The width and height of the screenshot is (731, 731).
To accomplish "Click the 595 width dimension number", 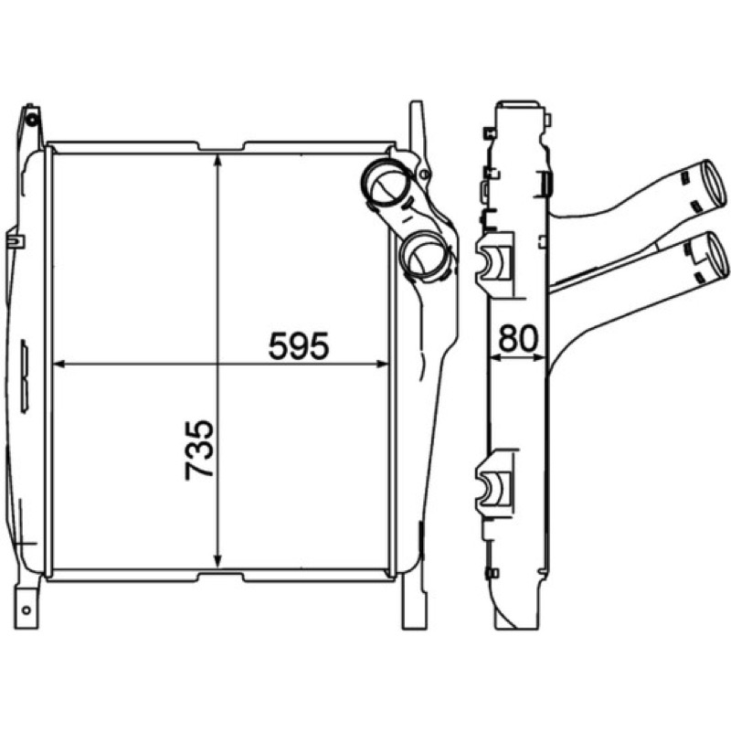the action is tap(299, 345).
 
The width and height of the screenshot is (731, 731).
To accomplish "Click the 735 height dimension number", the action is tap(199, 450).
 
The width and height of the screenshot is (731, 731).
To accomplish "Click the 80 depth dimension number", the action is tap(518, 339).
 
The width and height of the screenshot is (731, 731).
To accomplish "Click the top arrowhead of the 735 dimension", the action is tap(217, 160).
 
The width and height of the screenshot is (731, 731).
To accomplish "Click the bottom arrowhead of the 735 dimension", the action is tap(217, 562).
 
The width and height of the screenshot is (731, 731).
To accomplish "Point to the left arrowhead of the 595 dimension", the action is tap(60, 364).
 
